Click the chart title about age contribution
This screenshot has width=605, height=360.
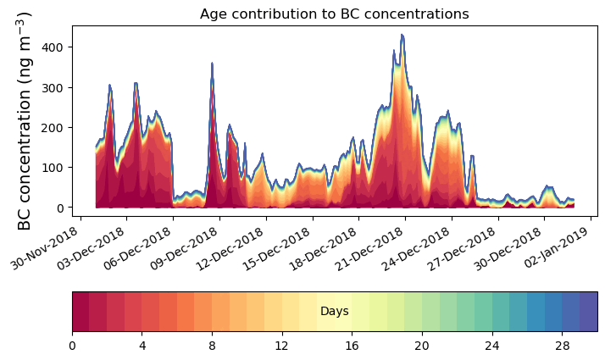pos(334,14)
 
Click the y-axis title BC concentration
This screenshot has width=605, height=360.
pos(25,120)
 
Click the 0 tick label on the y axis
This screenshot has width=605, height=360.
pos(62,208)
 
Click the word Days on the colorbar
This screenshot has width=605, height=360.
pos(334,312)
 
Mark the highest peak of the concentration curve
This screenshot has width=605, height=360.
pos(402,36)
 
